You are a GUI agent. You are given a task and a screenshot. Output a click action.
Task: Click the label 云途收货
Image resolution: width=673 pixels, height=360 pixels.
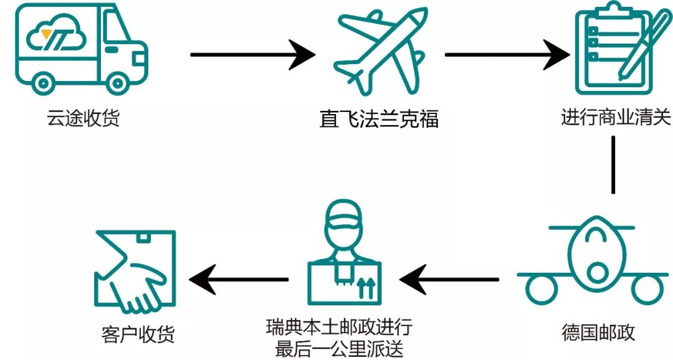pyautogui.click(x=84, y=117)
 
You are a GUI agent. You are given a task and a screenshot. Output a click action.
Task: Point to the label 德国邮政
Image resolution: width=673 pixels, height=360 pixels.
pyautogui.click(x=598, y=331)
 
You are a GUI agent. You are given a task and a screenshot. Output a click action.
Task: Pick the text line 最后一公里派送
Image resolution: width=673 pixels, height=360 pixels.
pyautogui.click(x=338, y=348)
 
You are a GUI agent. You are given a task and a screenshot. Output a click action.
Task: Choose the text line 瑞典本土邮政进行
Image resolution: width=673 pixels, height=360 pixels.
pyautogui.click(x=338, y=328)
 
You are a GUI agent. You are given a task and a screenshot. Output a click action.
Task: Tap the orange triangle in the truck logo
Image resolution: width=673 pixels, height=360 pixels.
pyautogui.click(x=45, y=35)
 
